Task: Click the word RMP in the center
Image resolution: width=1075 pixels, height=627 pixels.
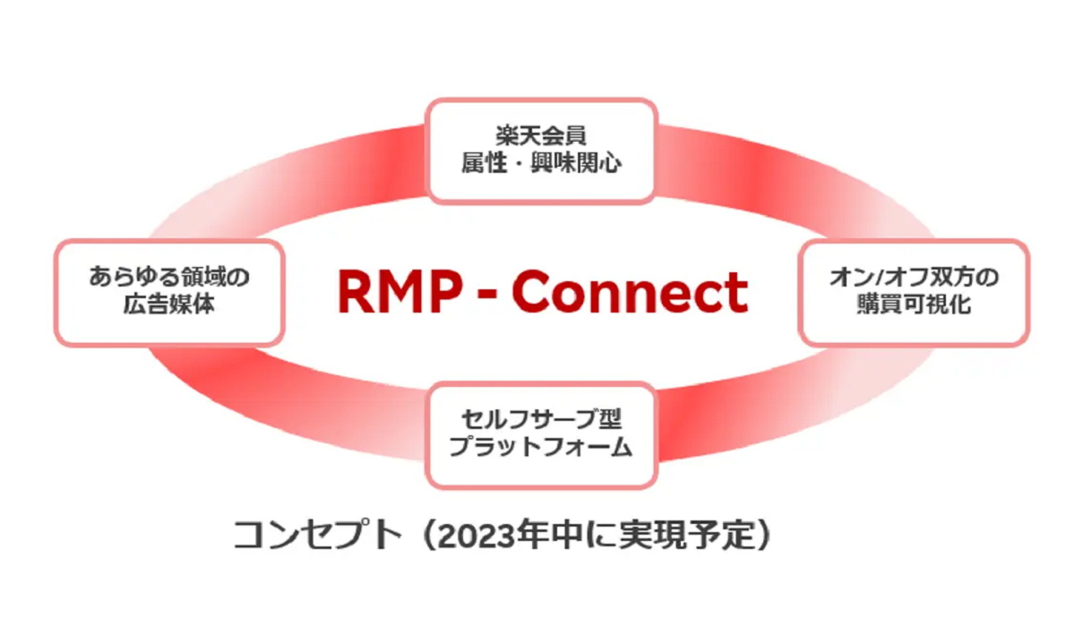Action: point(400,292)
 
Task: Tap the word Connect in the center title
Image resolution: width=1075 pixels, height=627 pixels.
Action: point(630,292)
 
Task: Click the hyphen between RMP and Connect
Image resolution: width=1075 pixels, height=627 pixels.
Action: point(487,294)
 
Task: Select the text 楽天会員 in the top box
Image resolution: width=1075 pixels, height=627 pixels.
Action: point(541,135)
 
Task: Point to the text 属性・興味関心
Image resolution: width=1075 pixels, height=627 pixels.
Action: point(541,163)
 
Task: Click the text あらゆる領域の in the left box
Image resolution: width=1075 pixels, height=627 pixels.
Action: point(169,277)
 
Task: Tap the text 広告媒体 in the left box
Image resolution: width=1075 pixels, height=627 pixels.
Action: point(169,305)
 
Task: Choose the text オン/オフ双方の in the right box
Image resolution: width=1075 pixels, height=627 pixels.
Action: point(915,277)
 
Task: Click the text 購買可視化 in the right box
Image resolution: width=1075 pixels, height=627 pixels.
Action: point(915,305)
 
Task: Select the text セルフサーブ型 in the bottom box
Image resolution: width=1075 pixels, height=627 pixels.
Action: point(541,419)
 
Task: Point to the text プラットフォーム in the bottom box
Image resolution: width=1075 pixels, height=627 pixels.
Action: point(541,447)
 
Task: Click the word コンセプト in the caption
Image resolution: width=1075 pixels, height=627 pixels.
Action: point(318,535)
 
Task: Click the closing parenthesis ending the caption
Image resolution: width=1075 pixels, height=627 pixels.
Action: point(763,535)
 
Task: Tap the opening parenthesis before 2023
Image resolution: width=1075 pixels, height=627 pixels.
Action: point(428,535)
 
